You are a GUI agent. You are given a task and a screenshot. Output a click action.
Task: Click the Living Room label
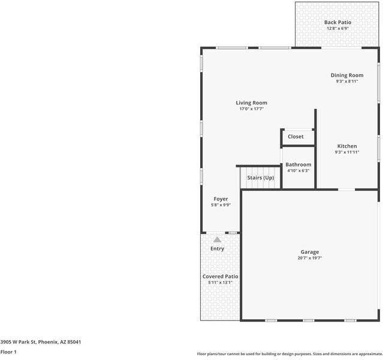251,103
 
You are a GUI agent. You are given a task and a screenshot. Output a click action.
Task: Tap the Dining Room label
347,75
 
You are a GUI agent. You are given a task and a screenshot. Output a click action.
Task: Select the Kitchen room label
346,146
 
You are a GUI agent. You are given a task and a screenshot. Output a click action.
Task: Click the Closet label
295,137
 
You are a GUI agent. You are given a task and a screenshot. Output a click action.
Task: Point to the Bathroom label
298,164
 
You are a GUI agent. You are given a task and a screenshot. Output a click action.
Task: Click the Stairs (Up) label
261,178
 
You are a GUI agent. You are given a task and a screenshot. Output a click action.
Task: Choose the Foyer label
221,199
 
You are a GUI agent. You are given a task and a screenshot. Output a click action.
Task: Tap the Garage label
310,252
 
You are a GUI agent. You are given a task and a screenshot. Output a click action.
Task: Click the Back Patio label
338,22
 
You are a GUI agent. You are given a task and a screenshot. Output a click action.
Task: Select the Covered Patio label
220,276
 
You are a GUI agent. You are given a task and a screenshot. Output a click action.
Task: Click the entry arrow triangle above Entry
217,239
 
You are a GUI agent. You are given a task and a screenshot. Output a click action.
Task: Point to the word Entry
217,248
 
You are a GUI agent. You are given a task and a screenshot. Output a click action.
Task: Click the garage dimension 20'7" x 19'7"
310,259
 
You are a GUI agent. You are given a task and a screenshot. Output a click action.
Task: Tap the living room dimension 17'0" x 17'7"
251,109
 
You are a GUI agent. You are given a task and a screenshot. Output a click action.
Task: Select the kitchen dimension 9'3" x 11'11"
346,152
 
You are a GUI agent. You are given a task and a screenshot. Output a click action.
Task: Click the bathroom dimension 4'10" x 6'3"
298,171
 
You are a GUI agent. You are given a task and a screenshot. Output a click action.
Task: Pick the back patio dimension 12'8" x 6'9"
338,29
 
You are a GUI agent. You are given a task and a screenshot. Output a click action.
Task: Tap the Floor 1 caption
8,352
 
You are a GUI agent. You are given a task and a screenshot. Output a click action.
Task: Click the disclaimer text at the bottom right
289,354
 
